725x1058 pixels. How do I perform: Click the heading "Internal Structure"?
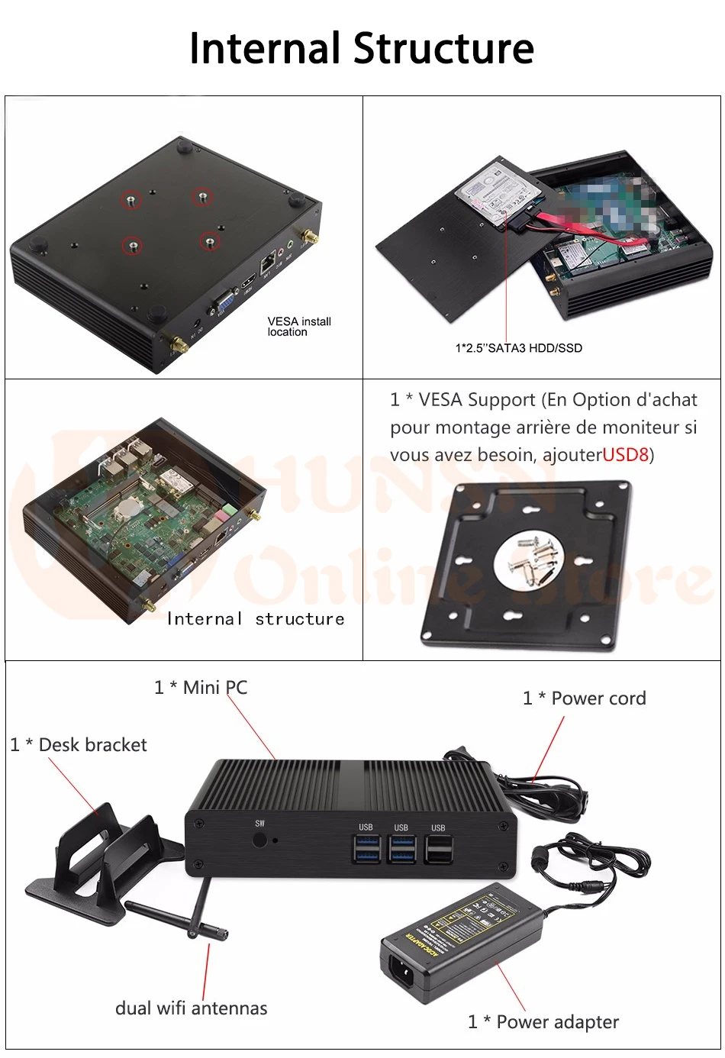coord(362,48)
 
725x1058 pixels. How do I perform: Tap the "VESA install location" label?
coord(298,327)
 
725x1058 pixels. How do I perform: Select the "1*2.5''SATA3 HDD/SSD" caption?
coord(518,348)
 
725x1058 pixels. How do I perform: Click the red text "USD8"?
coord(625,455)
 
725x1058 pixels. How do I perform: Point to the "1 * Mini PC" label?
coord(201,687)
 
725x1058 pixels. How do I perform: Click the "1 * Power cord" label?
coord(584,698)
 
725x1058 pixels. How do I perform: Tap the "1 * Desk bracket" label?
coord(79,745)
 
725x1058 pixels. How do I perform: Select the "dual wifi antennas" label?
coord(191,1008)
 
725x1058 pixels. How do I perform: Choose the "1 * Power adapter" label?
coord(543,1022)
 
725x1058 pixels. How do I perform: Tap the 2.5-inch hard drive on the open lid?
coord(495,195)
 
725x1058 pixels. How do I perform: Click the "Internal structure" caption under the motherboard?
coord(255,619)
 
